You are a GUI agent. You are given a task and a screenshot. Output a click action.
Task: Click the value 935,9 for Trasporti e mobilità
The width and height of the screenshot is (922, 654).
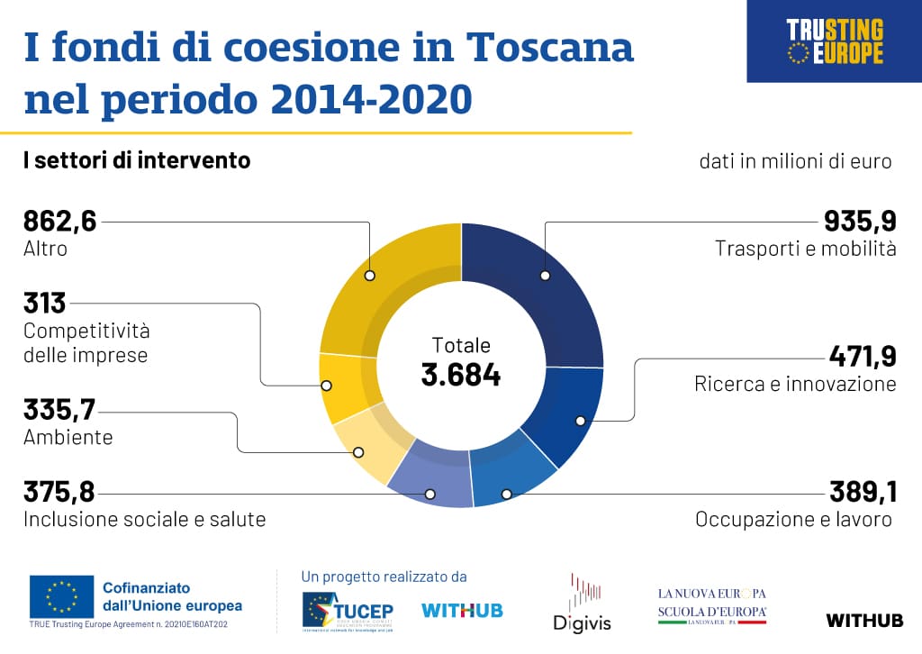tap(860, 221)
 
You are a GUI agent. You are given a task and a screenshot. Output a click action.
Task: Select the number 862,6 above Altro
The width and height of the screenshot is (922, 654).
tap(59, 221)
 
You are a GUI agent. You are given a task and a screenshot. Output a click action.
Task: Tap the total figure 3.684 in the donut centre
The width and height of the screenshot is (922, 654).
tap(461, 374)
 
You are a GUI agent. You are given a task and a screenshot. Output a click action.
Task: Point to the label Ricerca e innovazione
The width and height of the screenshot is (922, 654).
tap(795, 384)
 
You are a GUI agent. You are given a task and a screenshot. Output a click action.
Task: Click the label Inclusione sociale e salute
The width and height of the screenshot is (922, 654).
tap(144, 520)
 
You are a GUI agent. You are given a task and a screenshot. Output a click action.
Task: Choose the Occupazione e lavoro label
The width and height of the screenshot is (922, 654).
tap(793, 520)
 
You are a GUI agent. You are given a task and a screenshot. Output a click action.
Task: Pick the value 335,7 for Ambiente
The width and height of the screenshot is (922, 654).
tap(59, 411)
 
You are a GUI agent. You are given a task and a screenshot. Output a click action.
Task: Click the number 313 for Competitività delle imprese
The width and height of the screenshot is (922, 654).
tap(45, 302)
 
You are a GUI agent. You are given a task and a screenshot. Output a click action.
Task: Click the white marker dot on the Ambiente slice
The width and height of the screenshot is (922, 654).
tap(358, 452)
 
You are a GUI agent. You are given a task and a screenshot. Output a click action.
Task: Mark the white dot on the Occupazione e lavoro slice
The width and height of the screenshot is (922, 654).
tap(506, 494)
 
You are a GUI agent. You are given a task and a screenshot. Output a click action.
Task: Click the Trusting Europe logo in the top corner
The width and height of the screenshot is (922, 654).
tap(835, 41)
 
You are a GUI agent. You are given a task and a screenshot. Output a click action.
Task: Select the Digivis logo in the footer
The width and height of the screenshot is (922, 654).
tap(582, 604)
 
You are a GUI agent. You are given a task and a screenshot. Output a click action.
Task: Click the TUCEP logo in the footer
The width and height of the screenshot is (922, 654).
tap(348, 610)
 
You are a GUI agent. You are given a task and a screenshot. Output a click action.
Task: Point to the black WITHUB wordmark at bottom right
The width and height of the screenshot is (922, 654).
tap(863, 621)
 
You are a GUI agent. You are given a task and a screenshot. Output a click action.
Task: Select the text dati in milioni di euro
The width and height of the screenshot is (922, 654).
tap(795, 162)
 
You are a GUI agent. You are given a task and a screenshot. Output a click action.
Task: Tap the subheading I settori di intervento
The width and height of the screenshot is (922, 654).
tap(137, 161)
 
